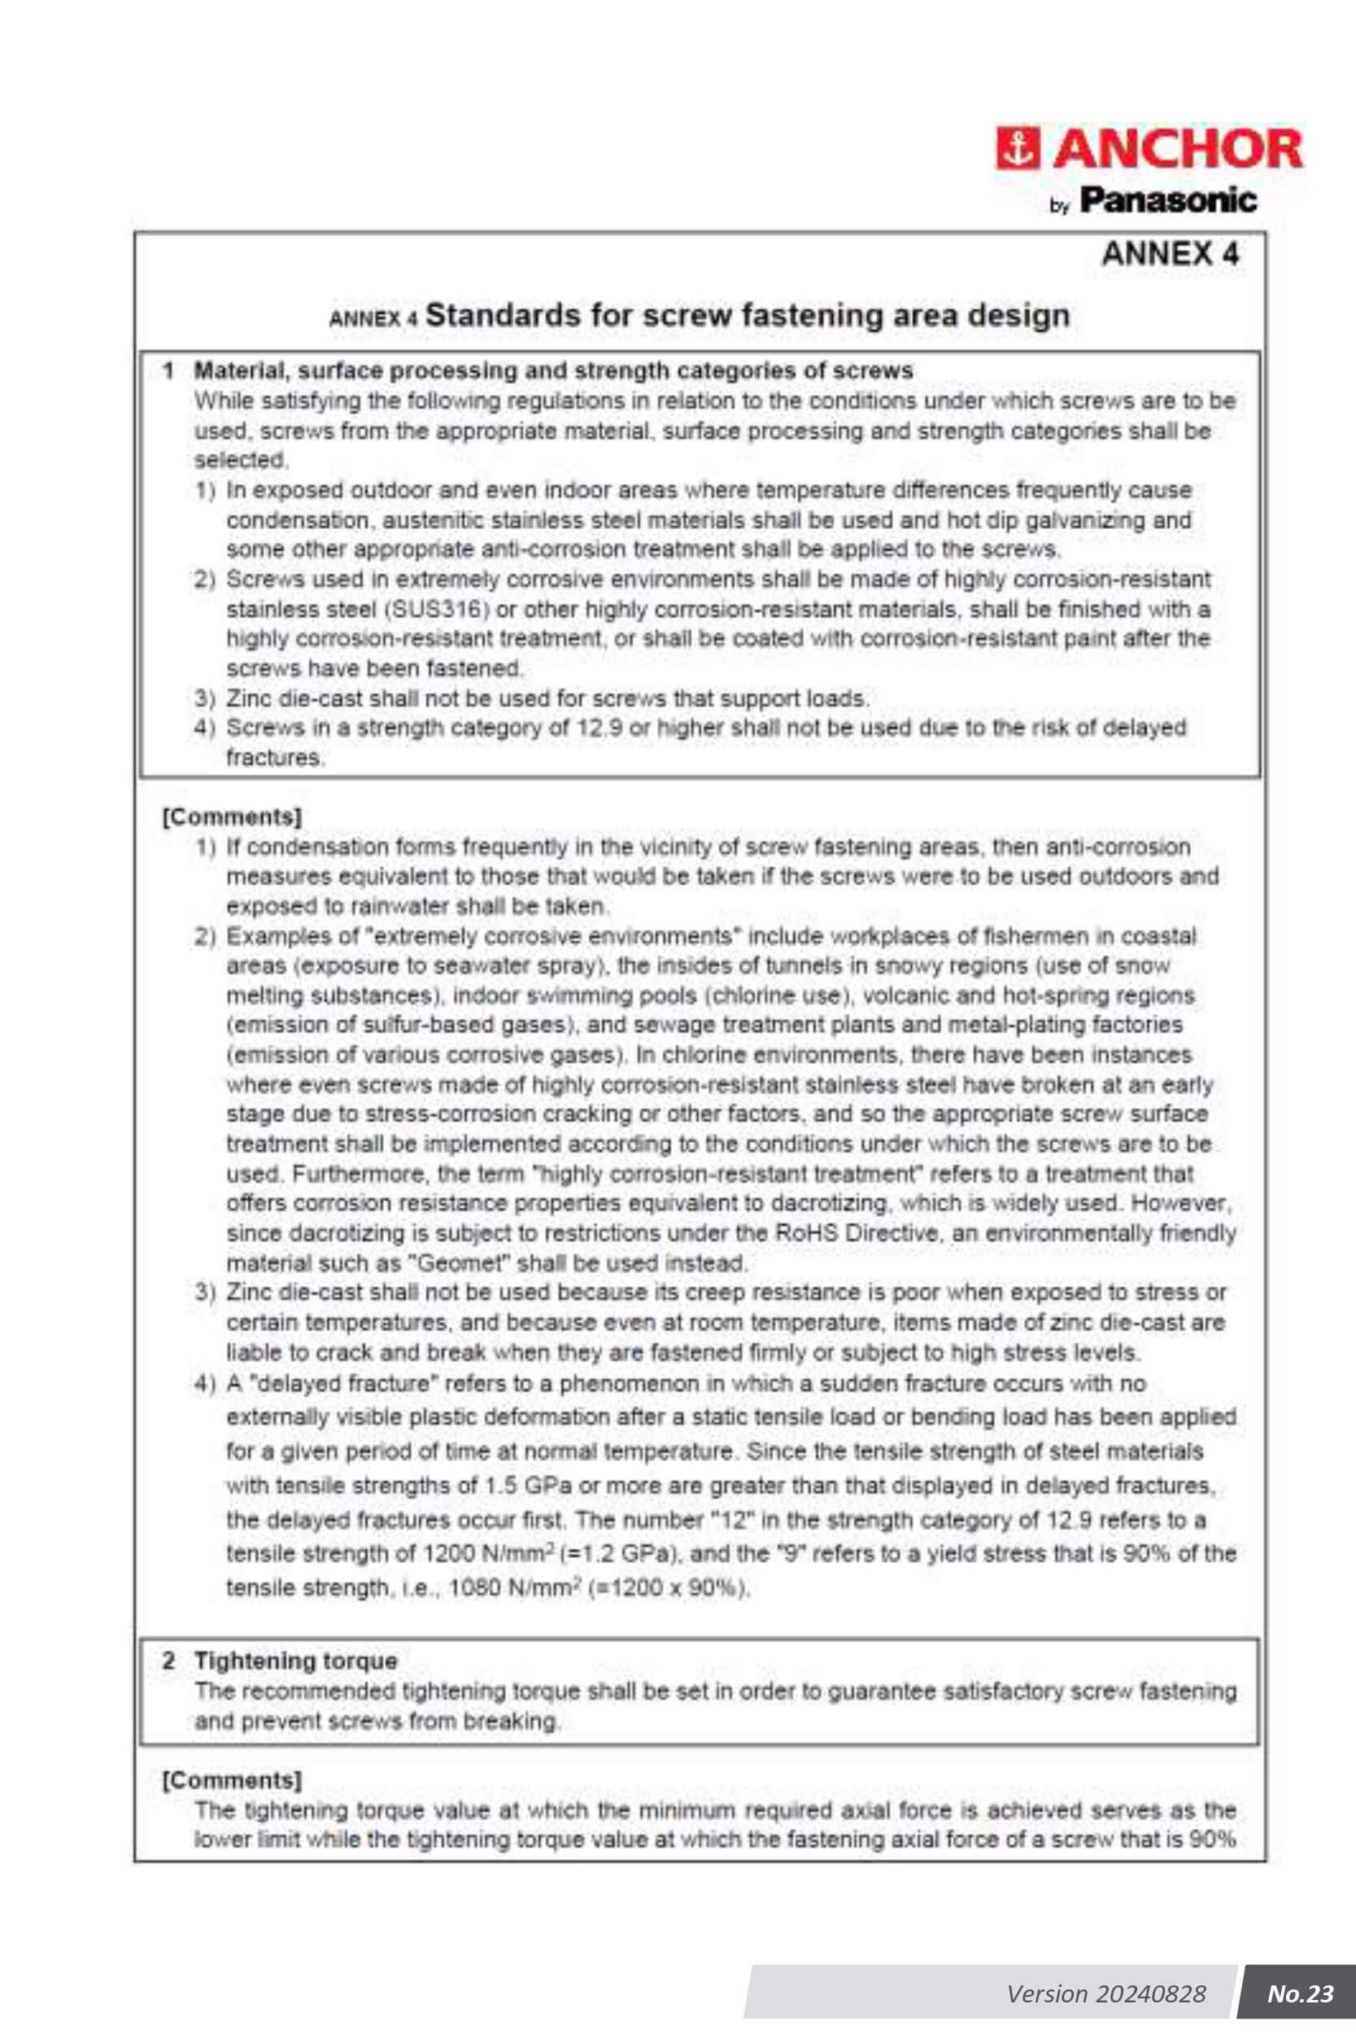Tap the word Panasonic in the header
click(x=1167, y=201)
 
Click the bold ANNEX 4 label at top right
click(x=1169, y=253)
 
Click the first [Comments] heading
click(x=232, y=816)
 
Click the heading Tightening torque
click(x=296, y=1661)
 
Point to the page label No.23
click(x=1300, y=1993)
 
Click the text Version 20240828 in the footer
click(x=1105, y=1993)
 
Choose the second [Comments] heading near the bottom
click(x=232, y=1779)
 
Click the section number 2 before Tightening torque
click(x=168, y=1661)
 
